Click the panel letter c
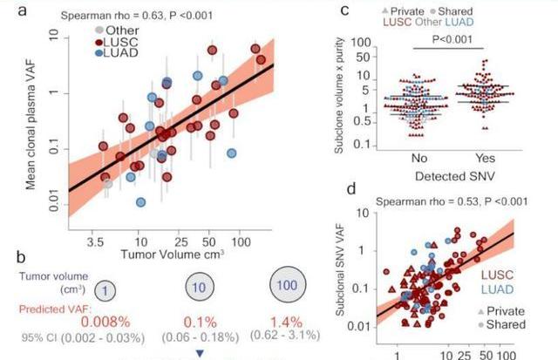(344, 10)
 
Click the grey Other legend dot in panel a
(99, 29)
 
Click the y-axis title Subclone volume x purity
(336, 87)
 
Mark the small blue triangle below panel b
(200, 353)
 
